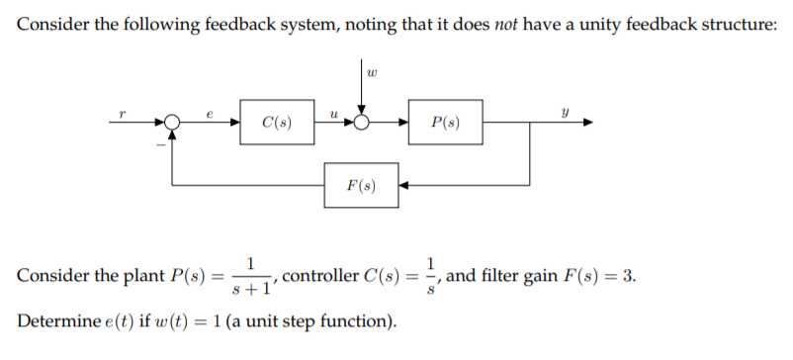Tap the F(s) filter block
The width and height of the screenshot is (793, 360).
[x=360, y=184]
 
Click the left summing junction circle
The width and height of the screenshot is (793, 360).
[x=173, y=124]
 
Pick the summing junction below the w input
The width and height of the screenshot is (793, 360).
[x=363, y=124]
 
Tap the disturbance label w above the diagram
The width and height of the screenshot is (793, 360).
[x=370, y=71]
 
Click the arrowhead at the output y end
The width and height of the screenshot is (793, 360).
[x=588, y=124]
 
